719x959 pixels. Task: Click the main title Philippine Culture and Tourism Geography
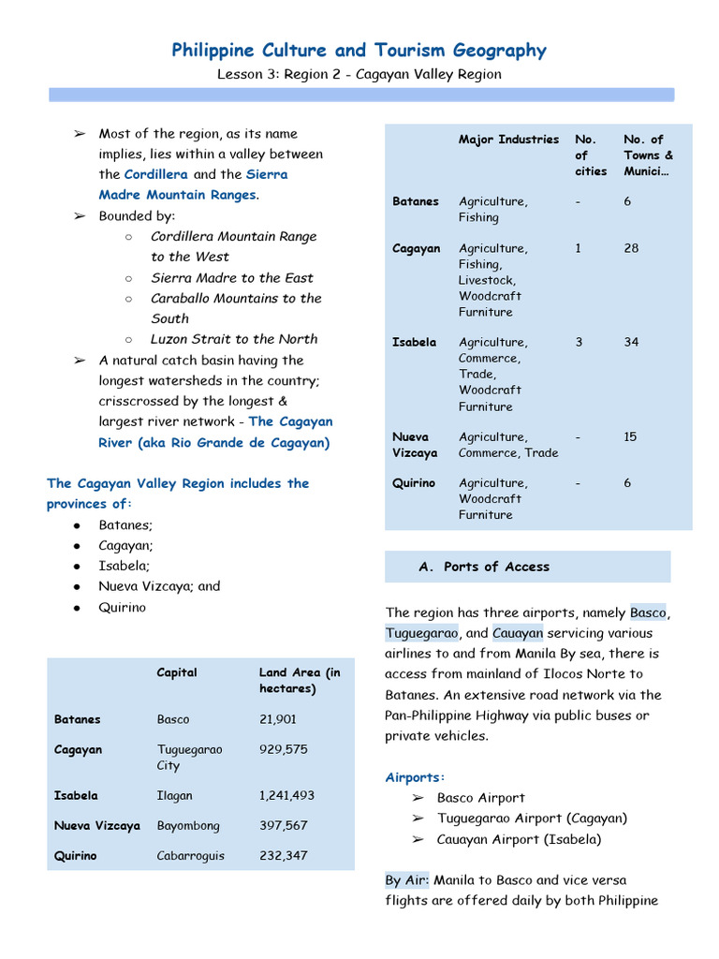tap(359, 51)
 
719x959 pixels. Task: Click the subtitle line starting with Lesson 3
tap(359, 74)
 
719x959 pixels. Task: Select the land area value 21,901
tap(278, 719)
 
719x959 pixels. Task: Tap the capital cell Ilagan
tap(175, 795)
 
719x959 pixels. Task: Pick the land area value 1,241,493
tap(286, 795)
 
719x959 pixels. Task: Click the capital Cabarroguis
tap(191, 855)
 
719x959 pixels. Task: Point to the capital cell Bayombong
tap(188, 825)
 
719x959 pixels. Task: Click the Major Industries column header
tap(508, 140)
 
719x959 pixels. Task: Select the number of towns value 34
tap(632, 342)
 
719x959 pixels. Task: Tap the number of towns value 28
tap(632, 248)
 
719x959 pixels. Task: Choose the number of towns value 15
tap(632, 436)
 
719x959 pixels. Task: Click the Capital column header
tap(177, 672)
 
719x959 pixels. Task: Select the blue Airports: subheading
tap(416, 777)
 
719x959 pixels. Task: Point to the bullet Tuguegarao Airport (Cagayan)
tap(532, 818)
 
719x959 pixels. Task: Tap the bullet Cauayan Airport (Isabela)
tap(519, 839)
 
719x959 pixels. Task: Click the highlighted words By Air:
tap(407, 880)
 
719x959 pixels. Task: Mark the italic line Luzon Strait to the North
tap(234, 339)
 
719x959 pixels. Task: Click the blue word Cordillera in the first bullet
tap(156, 174)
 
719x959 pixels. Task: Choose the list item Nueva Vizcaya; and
tap(159, 586)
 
